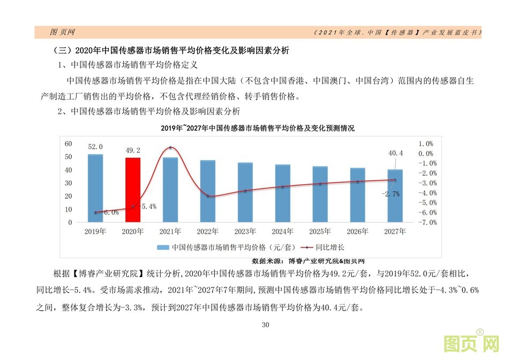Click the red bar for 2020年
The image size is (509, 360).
point(133,189)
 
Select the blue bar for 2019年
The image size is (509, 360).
point(95,187)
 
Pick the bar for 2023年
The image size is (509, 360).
point(245,191)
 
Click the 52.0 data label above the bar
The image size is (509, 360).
point(95,147)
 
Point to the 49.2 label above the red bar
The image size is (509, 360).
point(133,151)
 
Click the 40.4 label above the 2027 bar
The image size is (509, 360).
point(395,153)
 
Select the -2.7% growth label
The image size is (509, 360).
point(390,194)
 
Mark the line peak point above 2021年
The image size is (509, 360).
point(170,147)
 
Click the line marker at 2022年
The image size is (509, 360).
point(208,196)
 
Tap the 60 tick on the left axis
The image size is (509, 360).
point(69,144)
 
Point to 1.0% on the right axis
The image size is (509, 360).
point(425,144)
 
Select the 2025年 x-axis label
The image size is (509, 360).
point(320,232)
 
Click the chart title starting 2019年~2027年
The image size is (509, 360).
point(258,129)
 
